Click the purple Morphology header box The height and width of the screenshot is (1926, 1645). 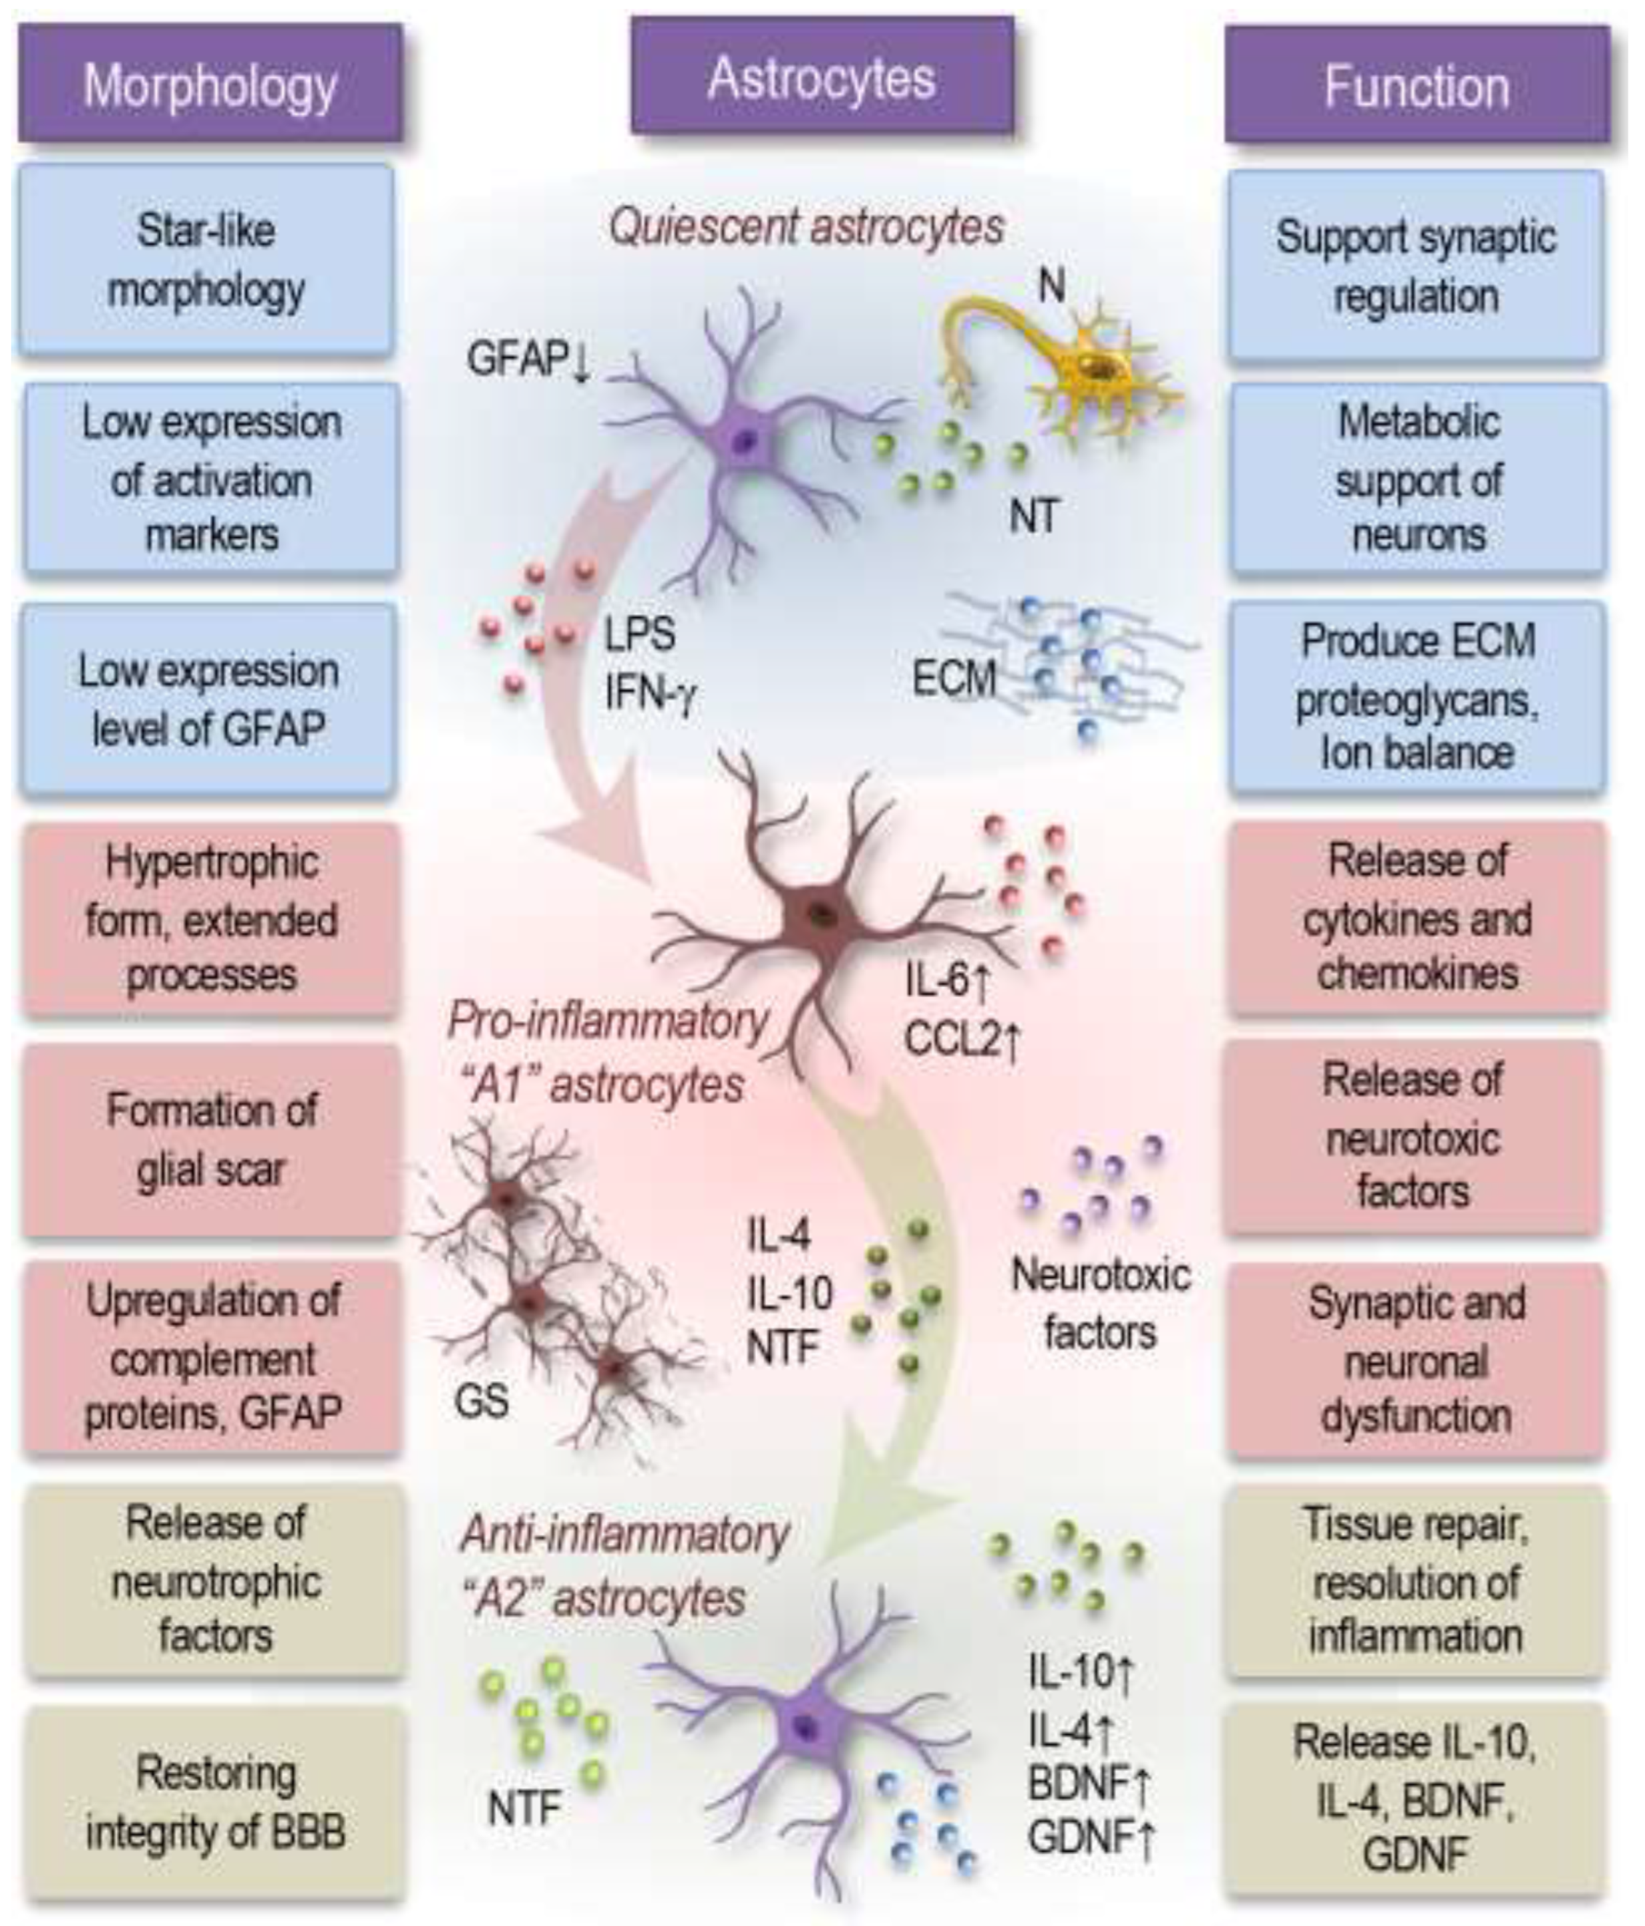click(210, 85)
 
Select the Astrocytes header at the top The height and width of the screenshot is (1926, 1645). click(822, 78)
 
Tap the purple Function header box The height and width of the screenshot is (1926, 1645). click(1416, 85)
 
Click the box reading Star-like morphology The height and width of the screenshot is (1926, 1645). click(206, 261)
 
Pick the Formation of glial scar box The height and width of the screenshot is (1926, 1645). click(211, 1139)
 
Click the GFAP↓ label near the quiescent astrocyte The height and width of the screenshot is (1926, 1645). click(528, 359)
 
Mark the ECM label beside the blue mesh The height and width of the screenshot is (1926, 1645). click(954, 679)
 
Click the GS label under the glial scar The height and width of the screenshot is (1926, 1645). click(481, 1400)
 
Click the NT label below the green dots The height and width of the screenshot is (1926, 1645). click(1033, 515)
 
